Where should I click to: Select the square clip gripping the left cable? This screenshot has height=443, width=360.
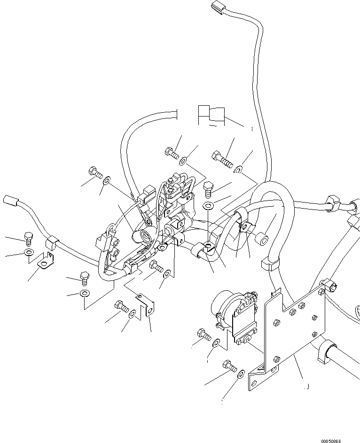(51, 244)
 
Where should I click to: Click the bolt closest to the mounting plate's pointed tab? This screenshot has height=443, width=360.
(229, 365)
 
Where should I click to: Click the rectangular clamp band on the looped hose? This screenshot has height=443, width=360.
(266, 264)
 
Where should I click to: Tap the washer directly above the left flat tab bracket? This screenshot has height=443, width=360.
(29, 253)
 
